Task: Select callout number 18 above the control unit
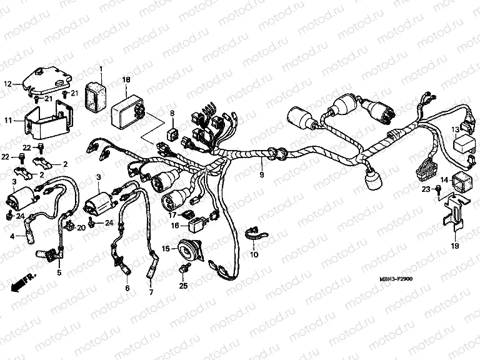pyautogui.click(x=126, y=80)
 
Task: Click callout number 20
pyautogui.click(x=81, y=228)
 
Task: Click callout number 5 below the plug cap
pyautogui.click(x=59, y=272)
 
